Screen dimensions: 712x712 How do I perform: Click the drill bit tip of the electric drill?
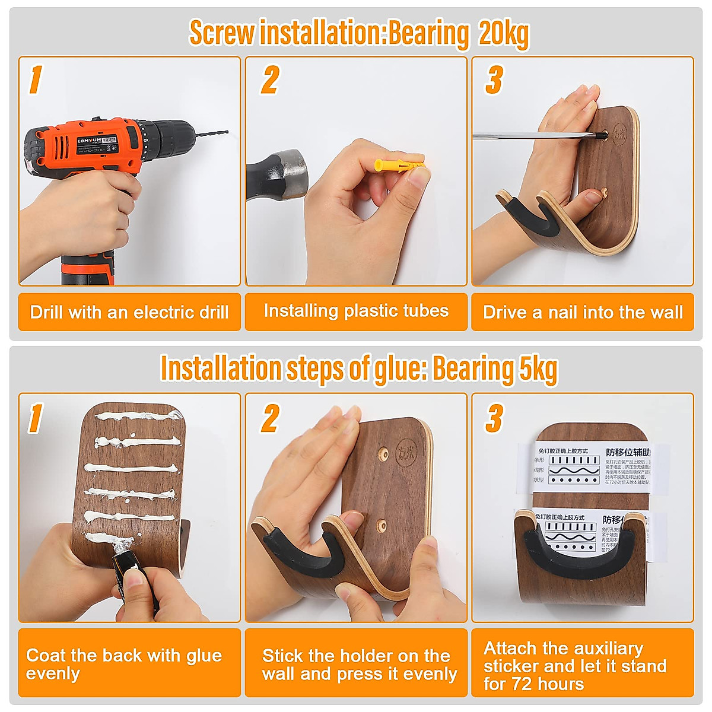(227, 132)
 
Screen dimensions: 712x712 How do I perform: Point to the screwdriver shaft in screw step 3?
(534, 136)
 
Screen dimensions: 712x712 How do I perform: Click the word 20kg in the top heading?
(503, 33)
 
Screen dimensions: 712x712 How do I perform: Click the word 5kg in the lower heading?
(538, 368)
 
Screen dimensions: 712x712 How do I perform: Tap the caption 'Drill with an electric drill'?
(129, 312)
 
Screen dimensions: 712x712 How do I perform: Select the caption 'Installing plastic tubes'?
(356, 311)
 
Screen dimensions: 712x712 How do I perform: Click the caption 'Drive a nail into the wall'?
(583, 312)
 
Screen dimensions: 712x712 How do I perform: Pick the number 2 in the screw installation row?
(270, 80)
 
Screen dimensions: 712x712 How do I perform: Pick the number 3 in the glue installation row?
(494, 418)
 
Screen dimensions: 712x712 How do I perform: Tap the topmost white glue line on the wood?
(139, 416)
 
